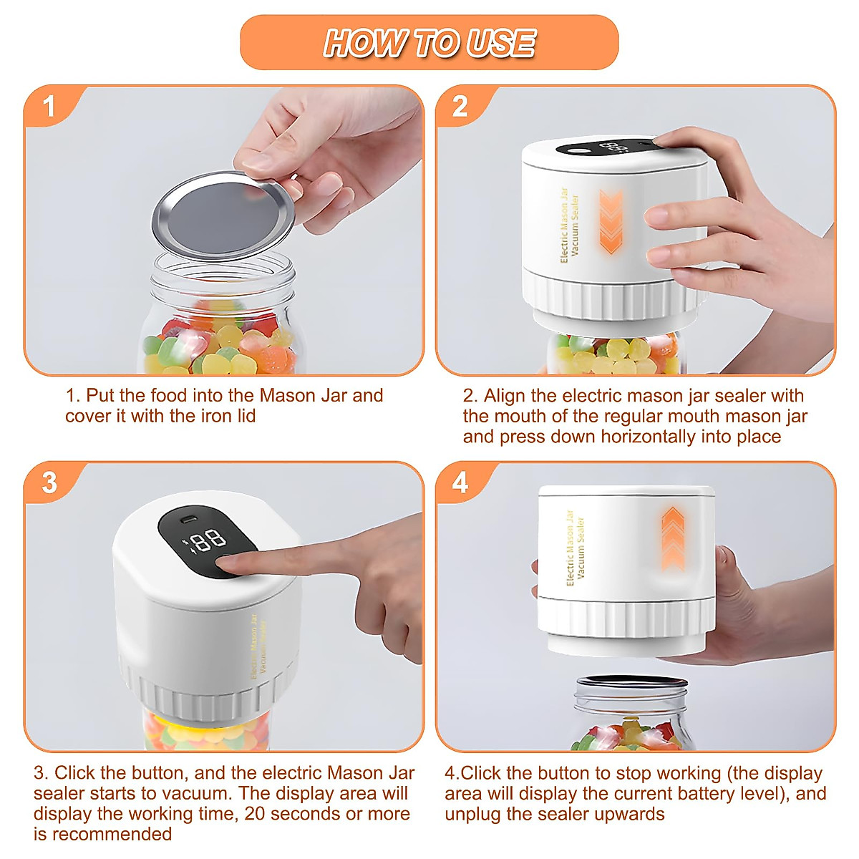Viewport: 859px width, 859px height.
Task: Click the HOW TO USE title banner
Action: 429,43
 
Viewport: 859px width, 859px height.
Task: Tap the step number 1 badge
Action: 49,107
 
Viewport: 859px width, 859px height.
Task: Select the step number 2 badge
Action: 460,107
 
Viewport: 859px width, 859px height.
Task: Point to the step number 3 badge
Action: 49,482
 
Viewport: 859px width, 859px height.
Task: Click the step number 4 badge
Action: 460,482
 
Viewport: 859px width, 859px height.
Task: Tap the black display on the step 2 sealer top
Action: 605,148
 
